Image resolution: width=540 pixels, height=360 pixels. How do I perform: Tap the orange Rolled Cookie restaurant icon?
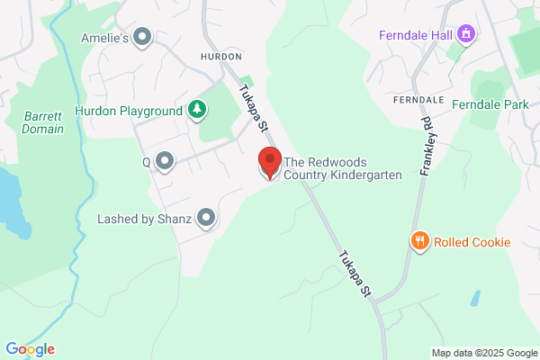419,241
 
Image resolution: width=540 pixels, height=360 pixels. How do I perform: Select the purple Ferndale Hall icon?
466,36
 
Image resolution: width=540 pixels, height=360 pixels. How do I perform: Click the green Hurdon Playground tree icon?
196,111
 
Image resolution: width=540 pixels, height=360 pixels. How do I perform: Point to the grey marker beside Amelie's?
142,37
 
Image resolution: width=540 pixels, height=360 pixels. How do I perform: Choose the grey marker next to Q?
165,162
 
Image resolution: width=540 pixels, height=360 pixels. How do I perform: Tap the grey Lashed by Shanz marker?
206,218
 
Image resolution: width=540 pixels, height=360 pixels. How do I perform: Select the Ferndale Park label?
490,105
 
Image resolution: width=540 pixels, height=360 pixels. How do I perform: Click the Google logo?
30,349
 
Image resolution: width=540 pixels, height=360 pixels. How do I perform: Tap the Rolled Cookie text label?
472,242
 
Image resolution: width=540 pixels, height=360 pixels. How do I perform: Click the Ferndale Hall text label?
415,36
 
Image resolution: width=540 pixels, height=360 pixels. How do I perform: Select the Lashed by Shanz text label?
144,219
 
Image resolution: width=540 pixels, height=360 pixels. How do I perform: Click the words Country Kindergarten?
342,175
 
